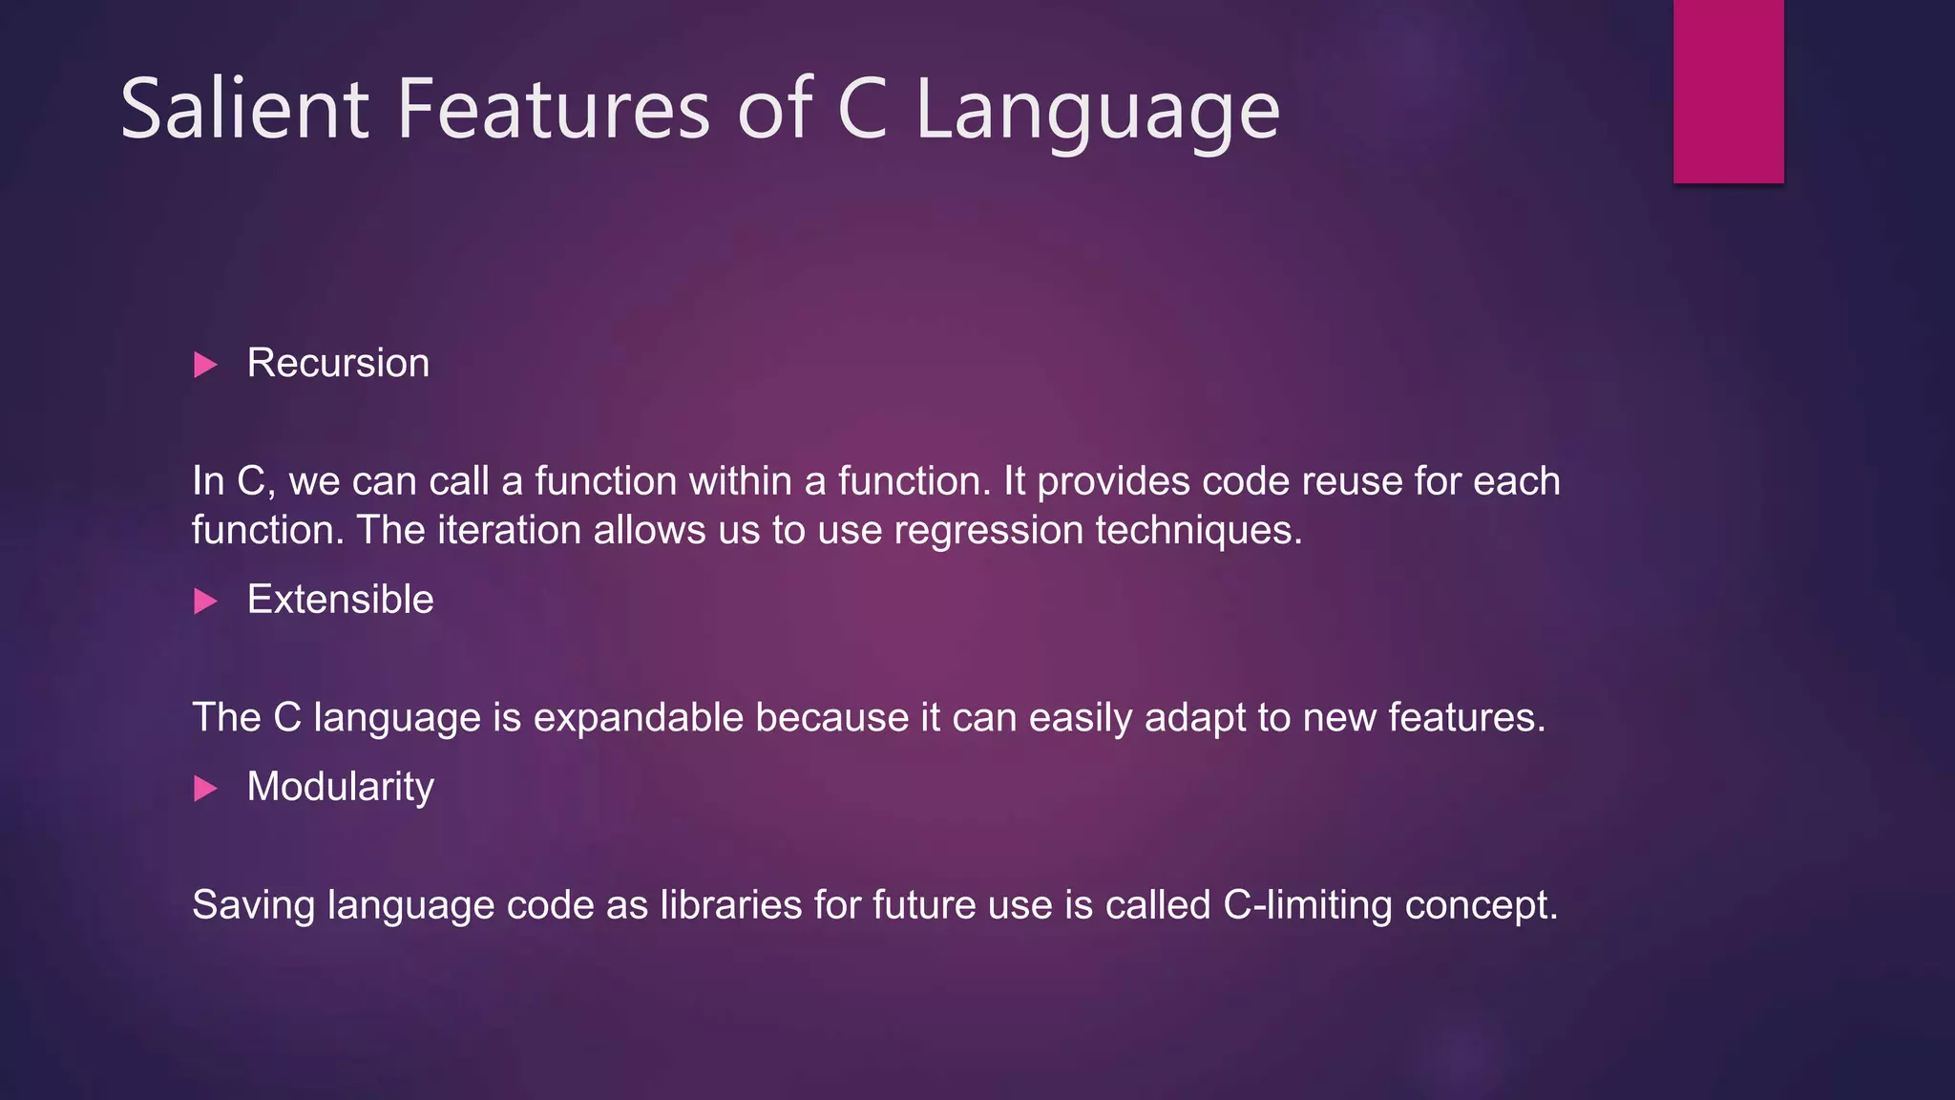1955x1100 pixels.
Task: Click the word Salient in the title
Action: (244, 110)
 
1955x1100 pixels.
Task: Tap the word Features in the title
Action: (554, 110)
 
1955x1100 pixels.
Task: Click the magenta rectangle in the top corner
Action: (1728, 91)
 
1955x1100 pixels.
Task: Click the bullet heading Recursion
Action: (338, 364)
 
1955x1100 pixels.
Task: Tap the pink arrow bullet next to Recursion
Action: (205, 365)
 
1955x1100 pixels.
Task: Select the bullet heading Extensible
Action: (340, 601)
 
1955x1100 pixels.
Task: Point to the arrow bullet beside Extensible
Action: (205, 602)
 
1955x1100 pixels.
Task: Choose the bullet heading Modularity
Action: (340, 788)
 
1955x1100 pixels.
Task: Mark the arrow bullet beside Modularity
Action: (205, 789)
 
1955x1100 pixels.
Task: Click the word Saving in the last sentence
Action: (253, 905)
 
